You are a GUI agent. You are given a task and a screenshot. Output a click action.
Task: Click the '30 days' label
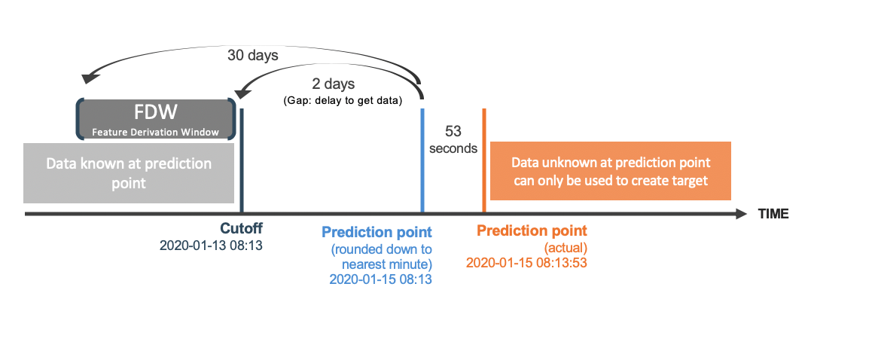click(x=253, y=55)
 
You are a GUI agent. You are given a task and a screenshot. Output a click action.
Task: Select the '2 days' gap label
click(x=332, y=84)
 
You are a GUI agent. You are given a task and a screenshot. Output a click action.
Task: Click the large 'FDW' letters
click(x=156, y=111)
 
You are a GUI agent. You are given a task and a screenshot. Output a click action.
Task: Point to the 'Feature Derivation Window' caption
click(x=156, y=133)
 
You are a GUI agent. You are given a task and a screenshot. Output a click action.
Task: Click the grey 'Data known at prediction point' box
click(x=129, y=173)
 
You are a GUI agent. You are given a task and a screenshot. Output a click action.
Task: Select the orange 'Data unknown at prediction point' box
click(x=611, y=172)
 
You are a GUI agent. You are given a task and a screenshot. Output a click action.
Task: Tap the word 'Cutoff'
click(x=242, y=229)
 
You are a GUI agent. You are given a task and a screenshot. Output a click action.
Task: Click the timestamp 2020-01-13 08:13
click(x=211, y=245)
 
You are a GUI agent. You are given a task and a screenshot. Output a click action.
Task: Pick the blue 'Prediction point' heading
click(x=377, y=231)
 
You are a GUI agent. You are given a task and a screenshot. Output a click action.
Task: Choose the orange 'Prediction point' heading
click(x=532, y=230)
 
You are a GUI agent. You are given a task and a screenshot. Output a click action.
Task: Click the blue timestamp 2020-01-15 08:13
click(x=381, y=279)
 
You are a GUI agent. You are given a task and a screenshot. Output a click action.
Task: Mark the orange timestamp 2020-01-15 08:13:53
click(x=526, y=262)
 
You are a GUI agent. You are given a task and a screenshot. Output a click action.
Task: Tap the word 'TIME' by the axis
click(x=773, y=214)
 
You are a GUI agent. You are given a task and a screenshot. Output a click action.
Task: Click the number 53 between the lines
click(x=453, y=131)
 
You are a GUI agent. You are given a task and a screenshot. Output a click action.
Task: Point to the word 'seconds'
click(x=453, y=148)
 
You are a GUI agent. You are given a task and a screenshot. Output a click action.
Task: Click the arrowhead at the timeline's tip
click(x=741, y=214)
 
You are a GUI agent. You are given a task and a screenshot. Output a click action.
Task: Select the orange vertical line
click(x=484, y=160)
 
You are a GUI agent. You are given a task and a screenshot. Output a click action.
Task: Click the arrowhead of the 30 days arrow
click(x=89, y=78)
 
